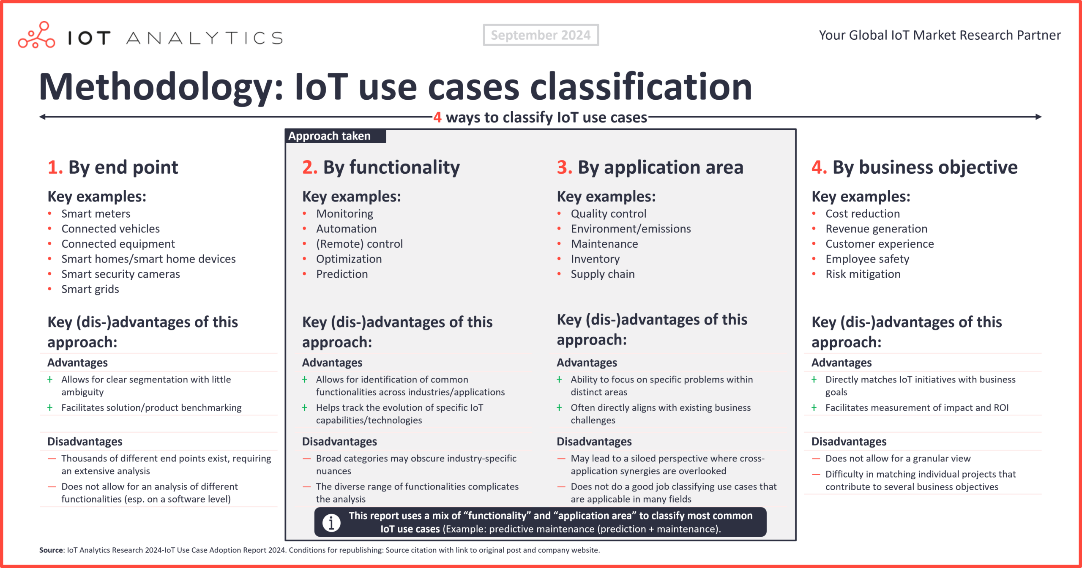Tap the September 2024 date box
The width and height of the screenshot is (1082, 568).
click(x=541, y=35)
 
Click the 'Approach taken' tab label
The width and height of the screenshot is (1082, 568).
click(x=330, y=136)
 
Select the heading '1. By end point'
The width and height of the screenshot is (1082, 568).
click(x=113, y=167)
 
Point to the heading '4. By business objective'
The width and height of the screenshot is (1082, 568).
click(x=914, y=167)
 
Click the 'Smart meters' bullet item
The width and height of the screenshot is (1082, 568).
click(x=96, y=214)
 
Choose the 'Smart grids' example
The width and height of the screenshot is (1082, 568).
click(x=90, y=289)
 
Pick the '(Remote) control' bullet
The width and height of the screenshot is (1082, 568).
click(x=359, y=244)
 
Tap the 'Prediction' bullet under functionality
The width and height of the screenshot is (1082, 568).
click(x=342, y=274)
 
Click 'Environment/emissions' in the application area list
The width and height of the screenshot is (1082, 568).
click(x=631, y=229)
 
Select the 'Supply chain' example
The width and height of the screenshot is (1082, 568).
click(x=602, y=274)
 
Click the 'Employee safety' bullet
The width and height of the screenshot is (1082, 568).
click(x=867, y=259)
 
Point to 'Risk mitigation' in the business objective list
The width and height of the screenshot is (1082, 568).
click(x=863, y=274)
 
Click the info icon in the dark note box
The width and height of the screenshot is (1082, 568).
click(x=331, y=522)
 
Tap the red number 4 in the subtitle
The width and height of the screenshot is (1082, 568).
click(x=437, y=117)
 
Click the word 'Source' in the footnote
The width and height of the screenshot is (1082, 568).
click(x=51, y=550)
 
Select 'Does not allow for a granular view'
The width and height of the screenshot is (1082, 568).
click(x=898, y=459)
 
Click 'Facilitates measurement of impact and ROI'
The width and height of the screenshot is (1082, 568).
click(x=917, y=408)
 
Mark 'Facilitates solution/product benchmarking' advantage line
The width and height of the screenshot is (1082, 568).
click(x=151, y=408)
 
